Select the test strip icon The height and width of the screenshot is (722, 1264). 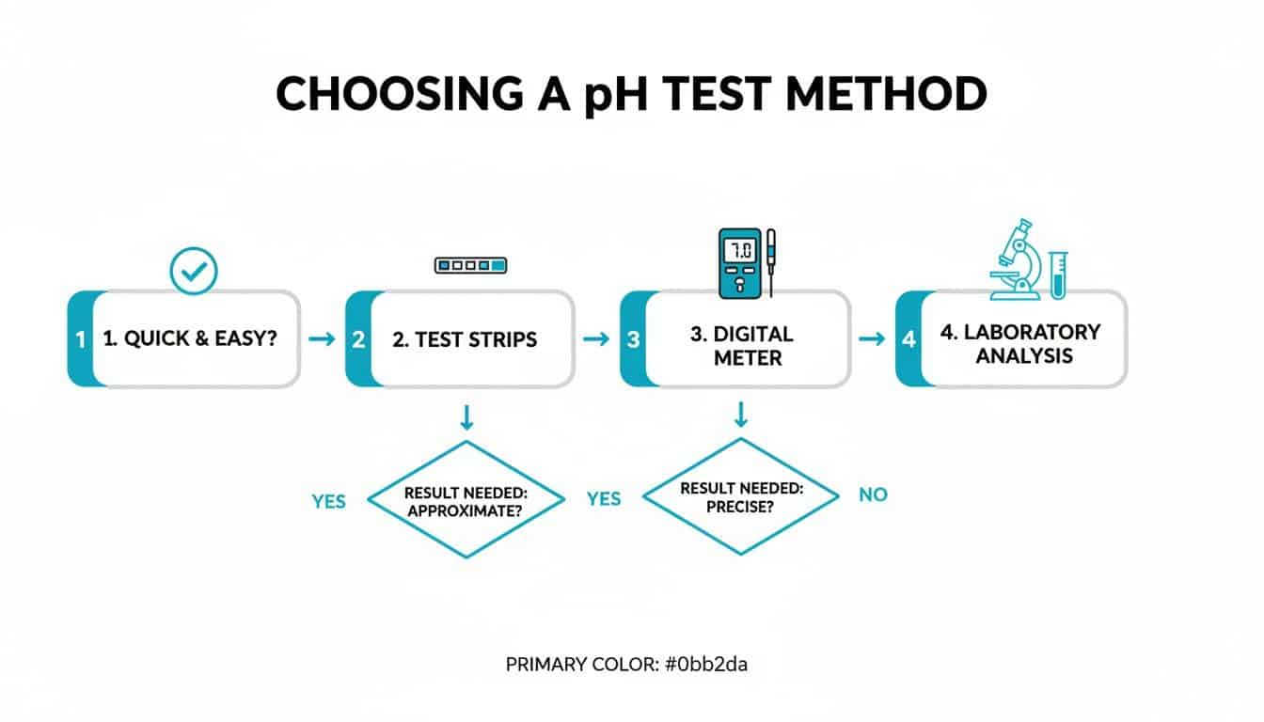470,266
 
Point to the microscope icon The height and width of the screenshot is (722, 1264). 1016,260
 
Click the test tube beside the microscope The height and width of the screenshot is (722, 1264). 1058,274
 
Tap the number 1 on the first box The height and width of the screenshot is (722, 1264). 81,338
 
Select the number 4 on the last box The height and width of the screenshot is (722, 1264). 908,338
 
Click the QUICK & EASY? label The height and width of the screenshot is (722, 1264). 190,338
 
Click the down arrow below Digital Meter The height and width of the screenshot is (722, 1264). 740,414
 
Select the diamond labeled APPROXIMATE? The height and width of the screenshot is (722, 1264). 465,499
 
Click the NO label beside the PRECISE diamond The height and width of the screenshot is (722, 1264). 873,494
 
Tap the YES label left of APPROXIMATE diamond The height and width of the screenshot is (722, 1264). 328,501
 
